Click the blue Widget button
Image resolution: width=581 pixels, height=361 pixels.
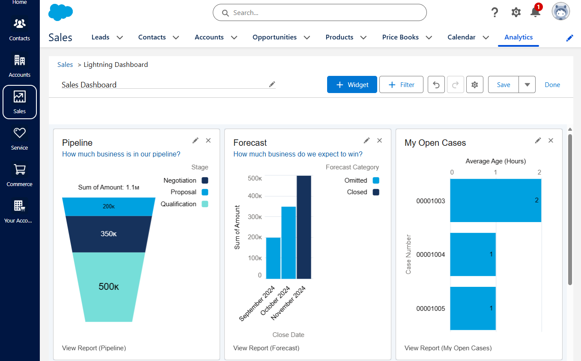pyautogui.click(x=352, y=84)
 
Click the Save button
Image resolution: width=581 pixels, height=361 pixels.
pyautogui.click(x=503, y=84)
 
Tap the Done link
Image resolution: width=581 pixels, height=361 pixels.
pyautogui.click(x=552, y=84)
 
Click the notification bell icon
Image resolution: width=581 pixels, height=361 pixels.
pyautogui.click(x=535, y=12)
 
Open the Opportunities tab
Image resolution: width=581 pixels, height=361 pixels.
pyautogui.click(x=274, y=37)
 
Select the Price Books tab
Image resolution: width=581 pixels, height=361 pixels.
pyautogui.click(x=400, y=37)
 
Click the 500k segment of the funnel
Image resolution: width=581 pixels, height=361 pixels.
pyautogui.click(x=109, y=286)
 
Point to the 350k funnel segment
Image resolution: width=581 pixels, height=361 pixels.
pyautogui.click(x=109, y=234)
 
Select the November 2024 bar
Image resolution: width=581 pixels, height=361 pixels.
pyautogui.click(x=304, y=227)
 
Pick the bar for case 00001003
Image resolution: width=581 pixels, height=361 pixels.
pyautogui.click(x=495, y=200)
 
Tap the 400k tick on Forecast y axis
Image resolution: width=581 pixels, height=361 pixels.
pyautogui.click(x=255, y=196)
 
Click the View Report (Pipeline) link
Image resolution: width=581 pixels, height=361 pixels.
pyautogui.click(x=94, y=348)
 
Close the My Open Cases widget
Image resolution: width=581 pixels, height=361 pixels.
pyautogui.click(x=551, y=141)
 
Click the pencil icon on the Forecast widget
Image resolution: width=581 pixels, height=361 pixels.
pyautogui.click(x=366, y=141)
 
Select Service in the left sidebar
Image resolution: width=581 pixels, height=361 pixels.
pyautogui.click(x=20, y=139)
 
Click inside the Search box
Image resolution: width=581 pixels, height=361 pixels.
pyautogui.click(x=325, y=13)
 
